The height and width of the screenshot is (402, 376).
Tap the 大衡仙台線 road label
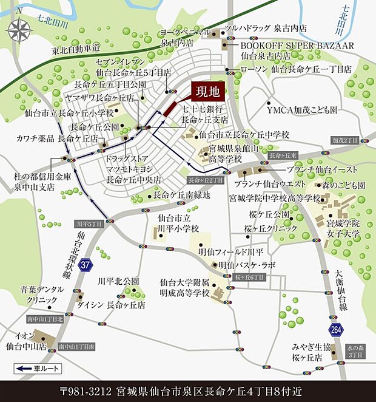(x=340, y=285)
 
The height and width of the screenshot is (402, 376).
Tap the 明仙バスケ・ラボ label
(x=246, y=265)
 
